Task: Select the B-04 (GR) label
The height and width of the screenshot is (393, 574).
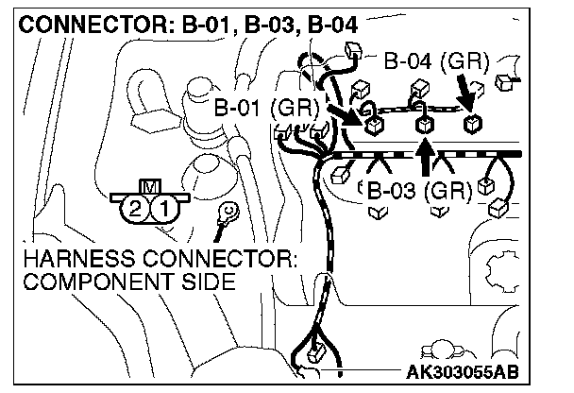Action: click(x=436, y=64)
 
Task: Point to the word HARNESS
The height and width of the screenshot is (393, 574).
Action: click(x=67, y=259)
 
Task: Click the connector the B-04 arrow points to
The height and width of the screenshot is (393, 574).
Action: click(x=471, y=123)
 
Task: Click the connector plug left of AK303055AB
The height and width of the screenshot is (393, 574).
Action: click(x=316, y=357)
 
